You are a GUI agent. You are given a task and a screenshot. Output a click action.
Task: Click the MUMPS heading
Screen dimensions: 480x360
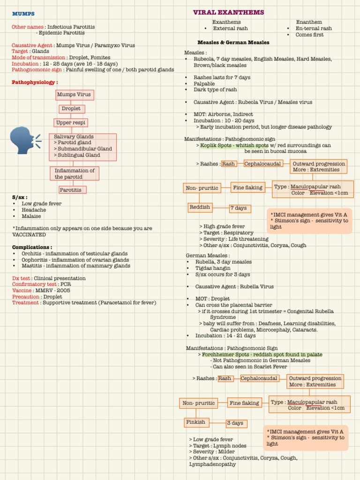click(x=23, y=14)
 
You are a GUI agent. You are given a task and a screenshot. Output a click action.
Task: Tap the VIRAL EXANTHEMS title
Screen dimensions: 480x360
click(x=228, y=12)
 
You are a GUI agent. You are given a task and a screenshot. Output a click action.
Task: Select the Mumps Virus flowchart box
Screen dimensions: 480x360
click(x=74, y=95)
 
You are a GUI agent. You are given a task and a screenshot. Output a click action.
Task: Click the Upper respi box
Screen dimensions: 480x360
click(x=70, y=123)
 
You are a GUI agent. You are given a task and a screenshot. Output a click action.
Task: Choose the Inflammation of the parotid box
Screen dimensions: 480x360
click(x=75, y=174)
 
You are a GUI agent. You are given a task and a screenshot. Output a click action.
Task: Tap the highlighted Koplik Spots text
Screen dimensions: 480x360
click(x=228, y=145)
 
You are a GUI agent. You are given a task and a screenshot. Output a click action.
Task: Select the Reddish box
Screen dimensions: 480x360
click(x=200, y=207)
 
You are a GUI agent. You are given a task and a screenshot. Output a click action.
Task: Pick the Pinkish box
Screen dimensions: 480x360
click(x=196, y=422)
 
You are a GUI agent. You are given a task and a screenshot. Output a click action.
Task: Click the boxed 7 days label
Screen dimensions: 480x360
click(x=240, y=209)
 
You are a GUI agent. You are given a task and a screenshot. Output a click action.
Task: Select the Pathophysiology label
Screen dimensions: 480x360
click(x=35, y=82)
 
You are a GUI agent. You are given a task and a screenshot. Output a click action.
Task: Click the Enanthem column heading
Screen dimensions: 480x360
click(x=309, y=22)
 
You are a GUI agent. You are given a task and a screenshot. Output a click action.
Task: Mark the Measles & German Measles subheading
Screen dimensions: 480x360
click(x=233, y=43)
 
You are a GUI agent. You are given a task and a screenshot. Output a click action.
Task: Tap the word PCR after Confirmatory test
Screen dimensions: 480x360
click(x=66, y=284)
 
